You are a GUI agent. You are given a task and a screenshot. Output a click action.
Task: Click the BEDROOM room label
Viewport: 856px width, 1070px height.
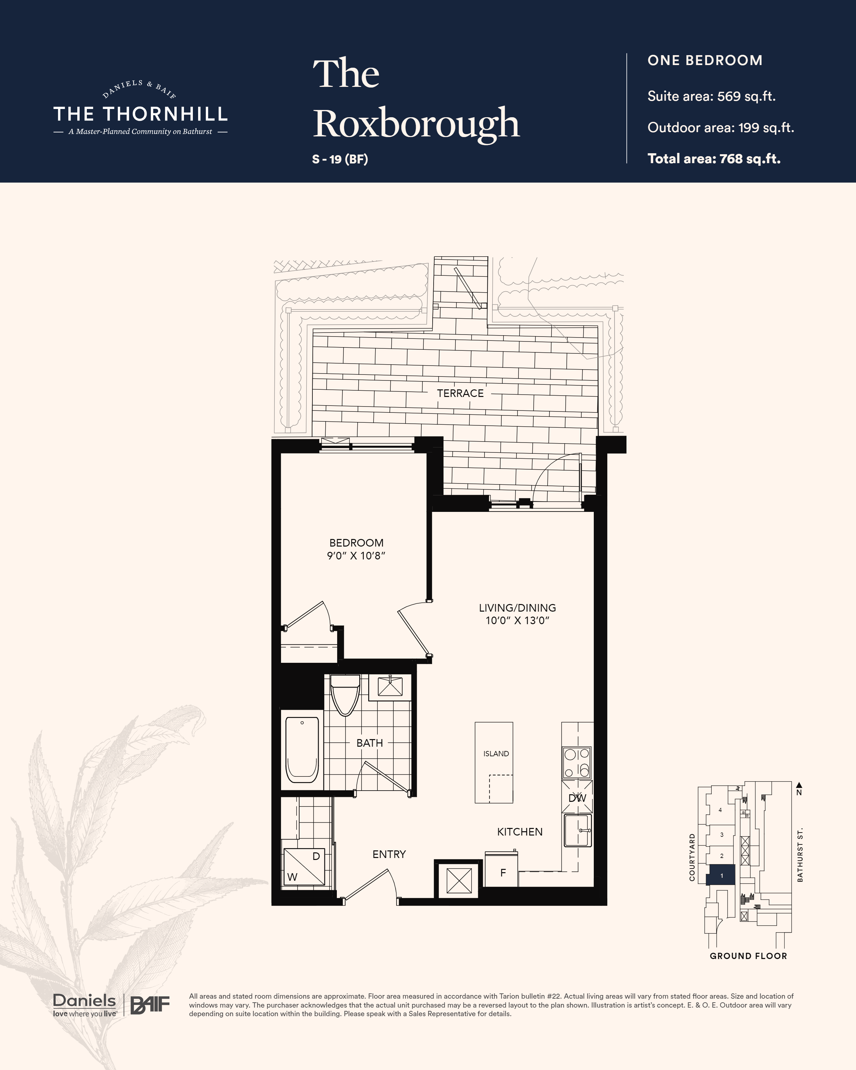point(356,543)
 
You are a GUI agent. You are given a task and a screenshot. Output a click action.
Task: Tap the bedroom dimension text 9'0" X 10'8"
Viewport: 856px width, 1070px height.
point(356,556)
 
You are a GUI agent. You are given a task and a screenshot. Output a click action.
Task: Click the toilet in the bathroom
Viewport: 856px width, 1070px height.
point(345,695)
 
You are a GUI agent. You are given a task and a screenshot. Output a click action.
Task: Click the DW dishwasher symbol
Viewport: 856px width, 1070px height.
point(577,798)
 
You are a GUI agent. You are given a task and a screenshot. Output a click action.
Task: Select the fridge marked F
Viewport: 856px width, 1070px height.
point(502,873)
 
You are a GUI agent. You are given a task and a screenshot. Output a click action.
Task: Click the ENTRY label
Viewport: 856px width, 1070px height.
point(389,854)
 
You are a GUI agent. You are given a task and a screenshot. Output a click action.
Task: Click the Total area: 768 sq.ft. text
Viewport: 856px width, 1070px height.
point(714,159)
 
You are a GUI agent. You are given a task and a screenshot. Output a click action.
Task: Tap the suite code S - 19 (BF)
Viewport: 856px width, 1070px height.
point(340,159)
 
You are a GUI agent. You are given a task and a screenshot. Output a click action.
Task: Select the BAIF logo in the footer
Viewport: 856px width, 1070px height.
point(150,1005)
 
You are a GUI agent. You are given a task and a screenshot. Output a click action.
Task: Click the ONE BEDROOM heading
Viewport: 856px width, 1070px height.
point(705,60)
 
